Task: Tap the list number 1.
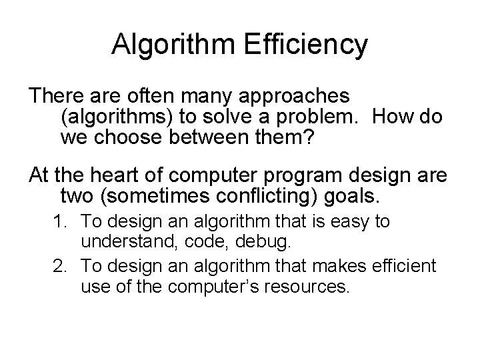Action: (61, 221)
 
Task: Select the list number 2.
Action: (61, 267)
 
